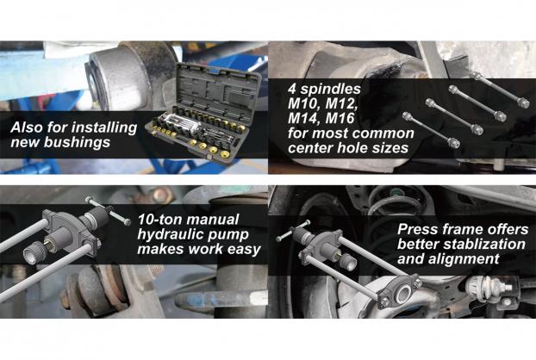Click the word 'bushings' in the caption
tap(77, 142)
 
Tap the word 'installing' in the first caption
tap(104, 127)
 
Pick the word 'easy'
tap(244, 250)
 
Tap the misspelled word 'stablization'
tap(484, 244)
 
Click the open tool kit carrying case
tap(203, 112)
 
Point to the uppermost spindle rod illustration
tap(500, 90)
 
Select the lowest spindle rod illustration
tap(431, 130)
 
